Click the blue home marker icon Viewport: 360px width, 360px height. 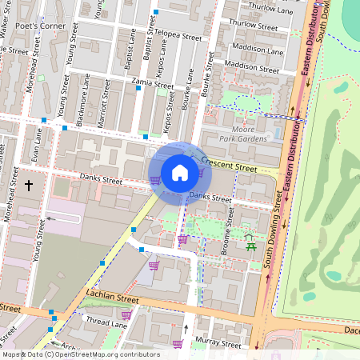[179, 172]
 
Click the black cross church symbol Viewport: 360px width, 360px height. [29, 186]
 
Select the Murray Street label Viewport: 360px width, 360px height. [220, 344]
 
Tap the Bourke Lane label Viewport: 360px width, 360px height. [190, 93]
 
